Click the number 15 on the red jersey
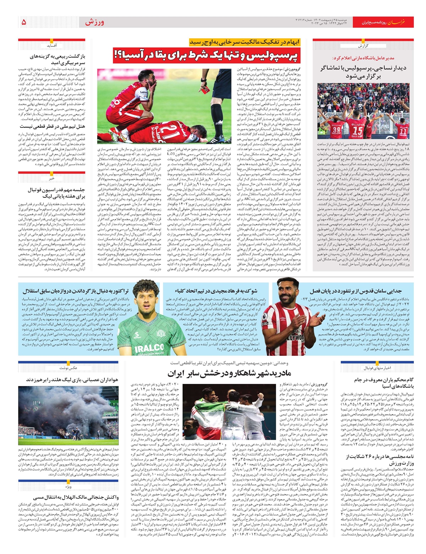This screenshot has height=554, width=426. tap(357, 131)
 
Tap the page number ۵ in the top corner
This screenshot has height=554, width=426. tap(24, 22)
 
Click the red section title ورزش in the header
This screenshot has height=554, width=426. tap(94, 22)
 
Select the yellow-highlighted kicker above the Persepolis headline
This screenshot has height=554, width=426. tap(245, 42)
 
